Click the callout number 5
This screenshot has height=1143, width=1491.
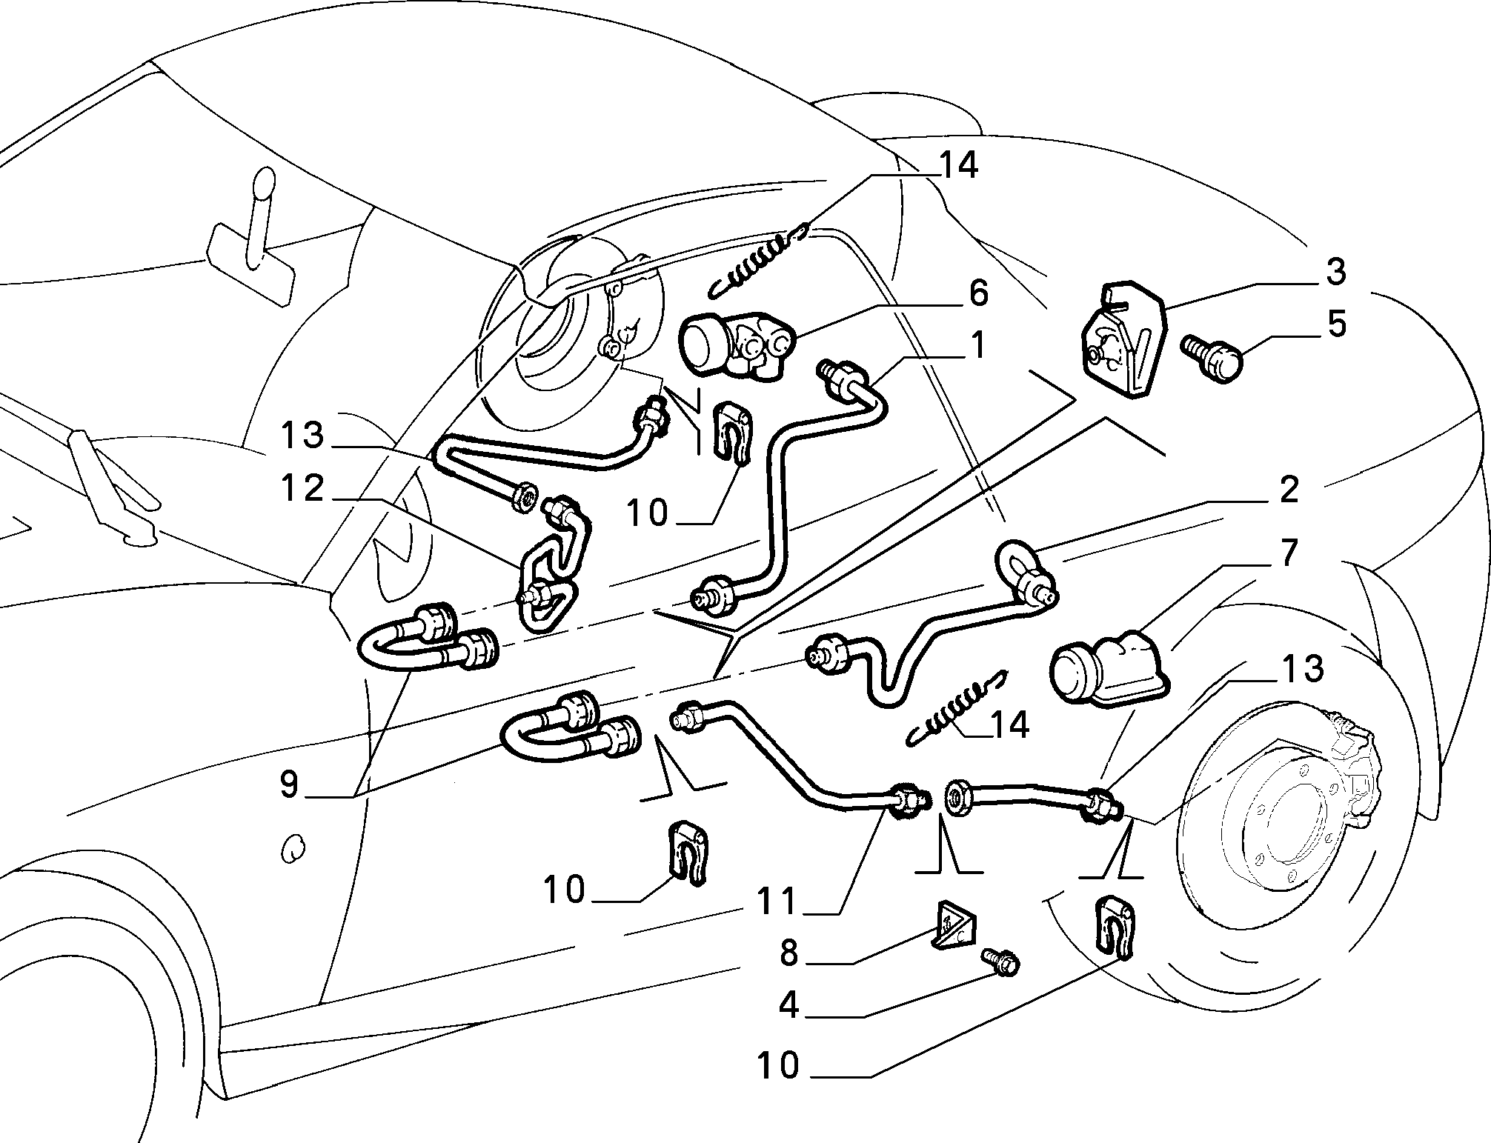1336,324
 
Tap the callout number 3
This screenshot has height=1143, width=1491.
1335,272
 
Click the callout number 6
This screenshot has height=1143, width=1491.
978,293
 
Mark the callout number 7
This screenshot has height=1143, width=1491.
1289,553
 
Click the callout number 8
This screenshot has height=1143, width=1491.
788,954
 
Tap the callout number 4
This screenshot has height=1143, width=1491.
788,1005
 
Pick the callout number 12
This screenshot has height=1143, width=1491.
302,489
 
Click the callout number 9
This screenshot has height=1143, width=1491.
290,785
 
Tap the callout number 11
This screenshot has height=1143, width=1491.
776,902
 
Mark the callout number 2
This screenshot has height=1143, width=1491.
1289,490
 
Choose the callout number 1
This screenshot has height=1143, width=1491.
978,346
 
